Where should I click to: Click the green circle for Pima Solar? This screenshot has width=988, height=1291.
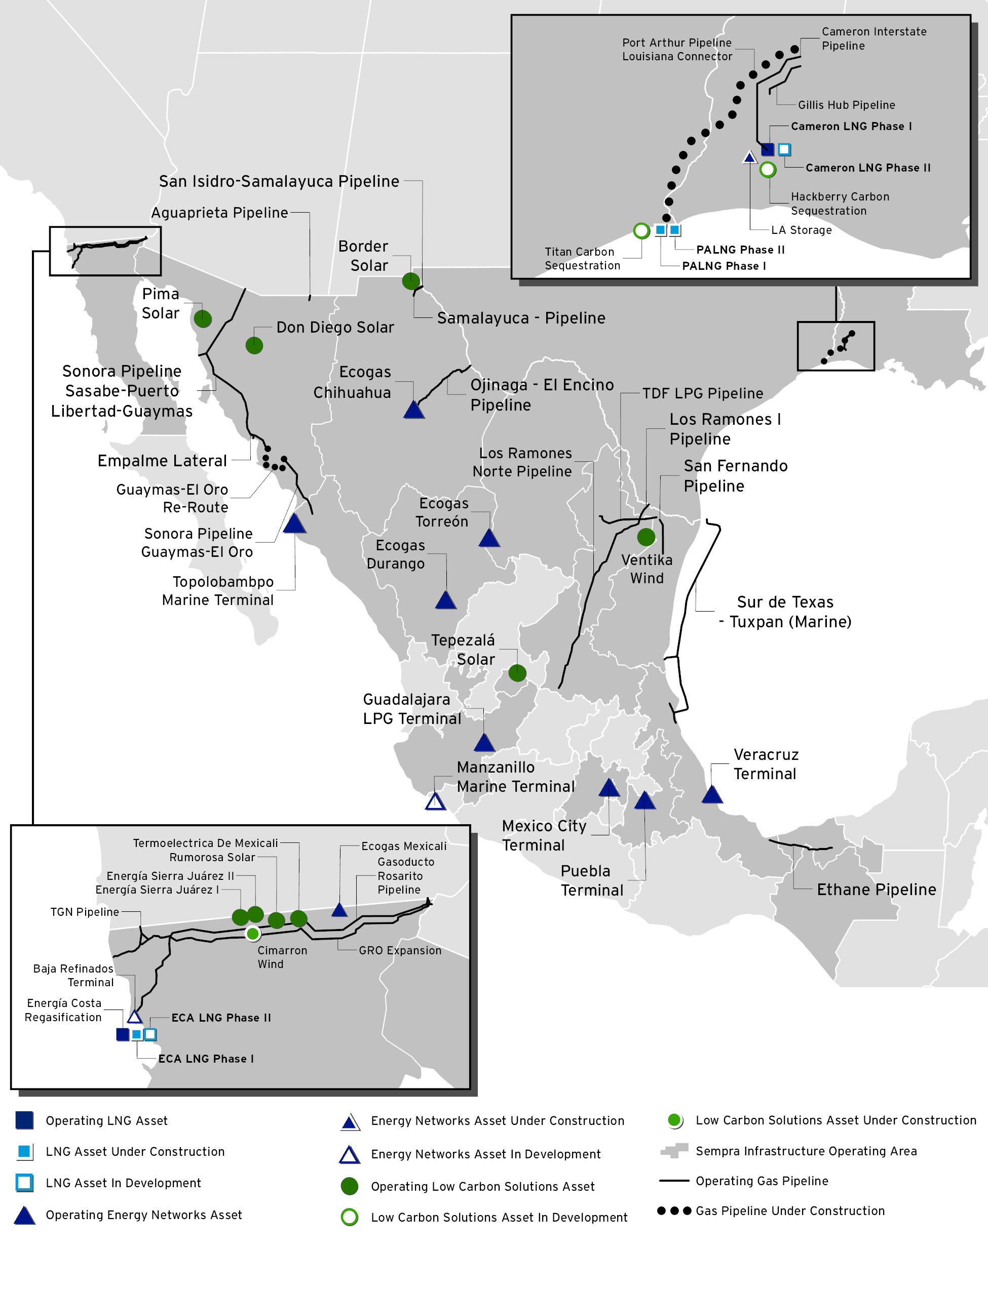coord(202,318)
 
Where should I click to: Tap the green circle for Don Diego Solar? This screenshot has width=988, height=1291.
coord(254,345)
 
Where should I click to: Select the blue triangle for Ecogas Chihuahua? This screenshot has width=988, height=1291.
coord(414,410)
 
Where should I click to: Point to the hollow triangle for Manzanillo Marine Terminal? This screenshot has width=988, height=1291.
coord(435,802)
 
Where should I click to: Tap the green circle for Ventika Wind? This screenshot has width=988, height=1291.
coord(645,537)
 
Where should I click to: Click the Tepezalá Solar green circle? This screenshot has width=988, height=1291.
coord(517,673)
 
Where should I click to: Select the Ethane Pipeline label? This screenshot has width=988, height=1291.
coord(876,890)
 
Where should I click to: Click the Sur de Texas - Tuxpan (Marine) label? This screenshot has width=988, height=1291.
coord(785,612)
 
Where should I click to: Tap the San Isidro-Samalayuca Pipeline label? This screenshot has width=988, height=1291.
coord(279,182)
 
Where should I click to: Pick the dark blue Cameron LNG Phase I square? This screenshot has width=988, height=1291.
coord(767,149)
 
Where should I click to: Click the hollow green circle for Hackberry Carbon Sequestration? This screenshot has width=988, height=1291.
coord(768,170)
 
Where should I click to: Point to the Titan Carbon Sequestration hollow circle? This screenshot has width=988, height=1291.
coord(641,230)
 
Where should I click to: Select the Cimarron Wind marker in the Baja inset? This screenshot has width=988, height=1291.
coord(252,933)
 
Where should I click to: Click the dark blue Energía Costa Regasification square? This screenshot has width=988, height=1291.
coord(122,1034)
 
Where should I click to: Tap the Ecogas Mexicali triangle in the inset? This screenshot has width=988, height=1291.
coord(339,910)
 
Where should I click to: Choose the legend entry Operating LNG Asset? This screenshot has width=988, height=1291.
coord(106,1120)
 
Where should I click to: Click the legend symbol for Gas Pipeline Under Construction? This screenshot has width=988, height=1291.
coord(673,1211)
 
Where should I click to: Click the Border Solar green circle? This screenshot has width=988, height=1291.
coord(410,281)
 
